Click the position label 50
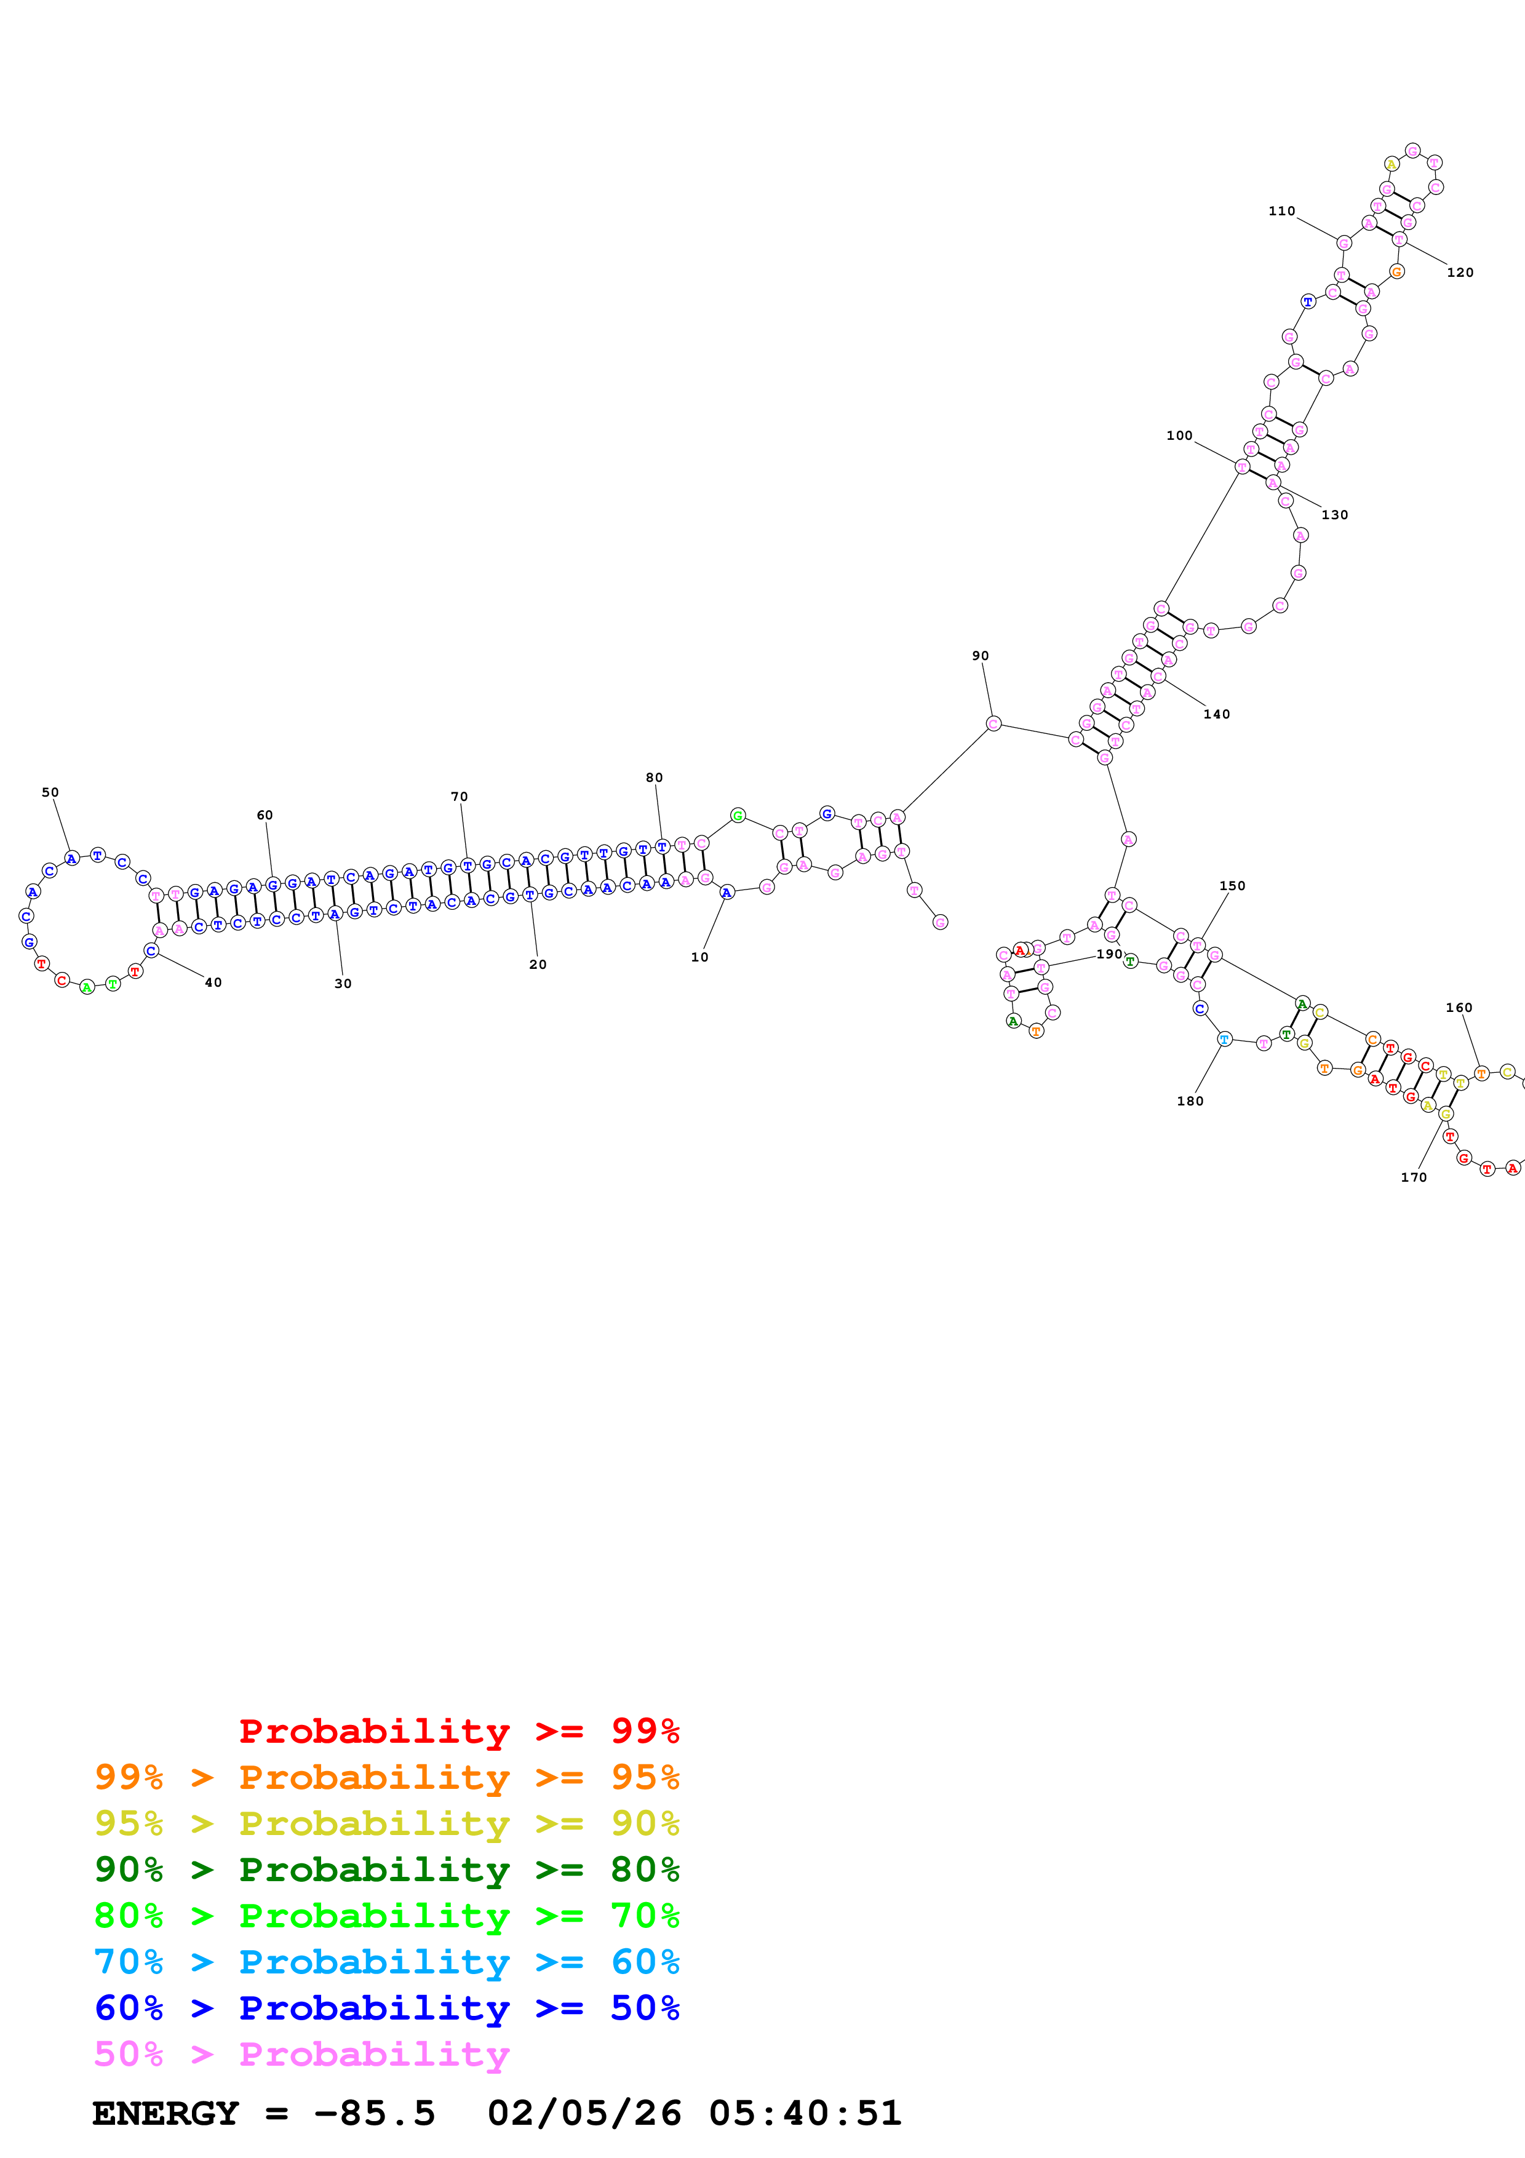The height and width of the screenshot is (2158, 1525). coord(50,792)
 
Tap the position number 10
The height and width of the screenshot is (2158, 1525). coord(699,957)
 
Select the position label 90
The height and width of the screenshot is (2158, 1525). coord(980,655)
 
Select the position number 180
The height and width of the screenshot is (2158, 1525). coord(1190,1101)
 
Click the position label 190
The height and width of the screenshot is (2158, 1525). coord(1109,954)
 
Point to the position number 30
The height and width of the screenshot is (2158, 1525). coord(343,983)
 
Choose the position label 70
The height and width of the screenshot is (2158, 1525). coord(458,796)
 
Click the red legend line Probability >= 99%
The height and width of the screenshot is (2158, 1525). coord(458,1730)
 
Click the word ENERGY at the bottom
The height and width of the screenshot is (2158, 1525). coord(165,2113)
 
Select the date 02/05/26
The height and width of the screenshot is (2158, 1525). coord(584,2113)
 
